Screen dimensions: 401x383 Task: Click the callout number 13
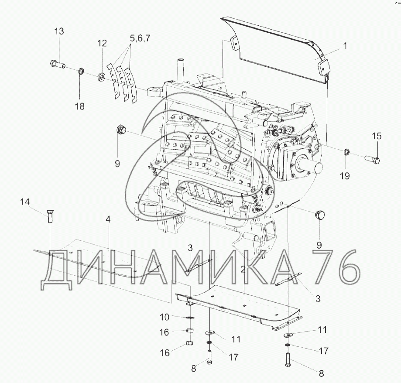click(59, 32)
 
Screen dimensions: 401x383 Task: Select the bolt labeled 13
click(57, 64)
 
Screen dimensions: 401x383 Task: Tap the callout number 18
click(80, 106)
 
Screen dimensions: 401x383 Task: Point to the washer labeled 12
click(102, 76)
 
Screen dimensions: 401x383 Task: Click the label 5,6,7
click(140, 38)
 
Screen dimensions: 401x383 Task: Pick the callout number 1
click(345, 46)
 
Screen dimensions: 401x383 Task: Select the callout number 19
click(345, 176)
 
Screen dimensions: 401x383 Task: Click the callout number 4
click(108, 219)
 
